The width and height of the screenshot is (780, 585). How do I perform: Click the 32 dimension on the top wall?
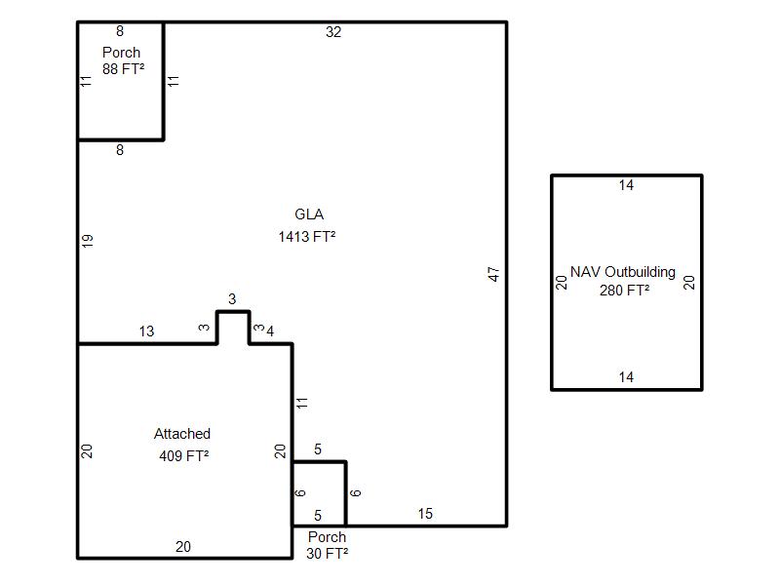(x=333, y=32)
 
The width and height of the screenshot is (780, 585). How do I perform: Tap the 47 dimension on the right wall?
(x=494, y=274)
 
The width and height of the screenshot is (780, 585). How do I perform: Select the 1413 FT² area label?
(x=307, y=236)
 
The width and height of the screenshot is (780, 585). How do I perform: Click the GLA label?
(x=308, y=214)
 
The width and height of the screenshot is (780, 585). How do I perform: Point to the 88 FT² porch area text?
(x=123, y=69)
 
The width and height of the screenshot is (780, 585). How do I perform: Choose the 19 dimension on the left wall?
(x=88, y=241)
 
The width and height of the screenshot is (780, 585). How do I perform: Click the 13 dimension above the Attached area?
(x=146, y=331)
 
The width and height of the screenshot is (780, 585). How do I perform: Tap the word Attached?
(x=182, y=434)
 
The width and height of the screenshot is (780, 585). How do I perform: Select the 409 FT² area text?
(x=184, y=455)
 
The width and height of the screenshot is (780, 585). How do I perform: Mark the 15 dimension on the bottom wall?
(x=425, y=514)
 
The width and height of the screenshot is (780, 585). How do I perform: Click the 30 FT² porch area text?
(x=328, y=553)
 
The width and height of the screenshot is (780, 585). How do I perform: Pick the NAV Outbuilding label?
(x=623, y=272)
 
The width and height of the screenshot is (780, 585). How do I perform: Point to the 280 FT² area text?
(x=625, y=290)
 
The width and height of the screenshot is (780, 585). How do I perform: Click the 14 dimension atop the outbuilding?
(x=626, y=185)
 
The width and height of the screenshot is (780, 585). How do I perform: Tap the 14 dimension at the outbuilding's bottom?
(x=626, y=377)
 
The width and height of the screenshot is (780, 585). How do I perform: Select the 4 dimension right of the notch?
(x=270, y=331)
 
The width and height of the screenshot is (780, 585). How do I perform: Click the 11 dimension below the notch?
(x=303, y=402)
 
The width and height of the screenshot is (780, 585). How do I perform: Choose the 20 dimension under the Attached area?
(x=183, y=547)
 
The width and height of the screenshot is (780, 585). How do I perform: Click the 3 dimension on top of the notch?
(x=232, y=299)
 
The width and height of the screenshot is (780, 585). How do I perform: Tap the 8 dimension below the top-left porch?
(x=120, y=150)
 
